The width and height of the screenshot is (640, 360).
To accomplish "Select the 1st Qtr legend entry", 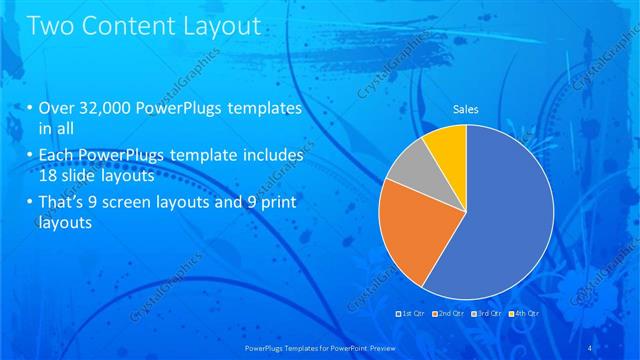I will (x=413, y=313).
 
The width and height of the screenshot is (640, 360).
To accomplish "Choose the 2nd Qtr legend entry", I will (x=449, y=313).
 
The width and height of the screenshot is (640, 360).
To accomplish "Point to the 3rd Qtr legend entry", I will (x=486, y=313).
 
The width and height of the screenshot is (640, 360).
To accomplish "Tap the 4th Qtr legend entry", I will (x=523, y=313).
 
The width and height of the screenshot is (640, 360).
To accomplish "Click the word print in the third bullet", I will (x=284, y=204).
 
